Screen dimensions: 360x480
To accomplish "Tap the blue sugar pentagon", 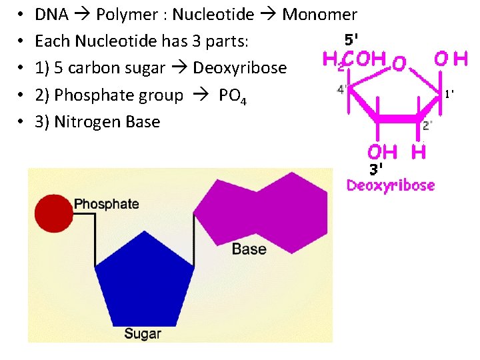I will [145, 280].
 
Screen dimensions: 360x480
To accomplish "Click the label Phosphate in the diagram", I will [107, 204].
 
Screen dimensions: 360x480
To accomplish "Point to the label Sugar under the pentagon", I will [143, 333].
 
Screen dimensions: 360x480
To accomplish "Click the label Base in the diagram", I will [249, 249].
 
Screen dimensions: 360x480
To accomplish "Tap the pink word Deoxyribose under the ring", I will [391, 185].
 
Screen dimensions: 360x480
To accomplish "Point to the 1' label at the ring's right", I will [450, 94].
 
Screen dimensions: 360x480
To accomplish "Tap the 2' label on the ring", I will [427, 125].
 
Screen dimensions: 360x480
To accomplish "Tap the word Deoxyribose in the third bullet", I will [239, 68].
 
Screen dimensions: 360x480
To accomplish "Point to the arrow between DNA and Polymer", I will [83, 15].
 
